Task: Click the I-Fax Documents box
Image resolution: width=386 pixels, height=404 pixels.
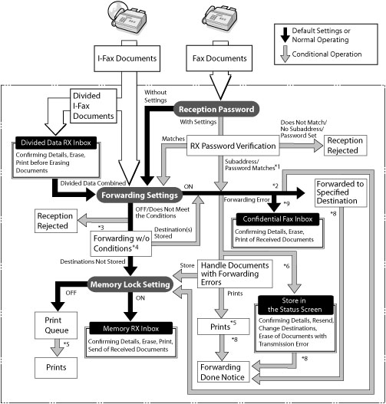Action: (127, 58)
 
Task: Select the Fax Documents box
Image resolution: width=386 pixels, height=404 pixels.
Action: (219, 58)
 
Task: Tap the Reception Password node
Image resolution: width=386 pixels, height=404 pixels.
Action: (216, 110)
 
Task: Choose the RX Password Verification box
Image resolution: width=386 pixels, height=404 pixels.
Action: (233, 146)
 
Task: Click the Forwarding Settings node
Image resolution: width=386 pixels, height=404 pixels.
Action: (140, 195)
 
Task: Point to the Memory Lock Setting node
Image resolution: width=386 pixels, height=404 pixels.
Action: (130, 284)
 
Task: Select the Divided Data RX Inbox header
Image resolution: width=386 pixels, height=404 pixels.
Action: (56, 143)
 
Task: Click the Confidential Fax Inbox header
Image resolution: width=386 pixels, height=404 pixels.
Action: (278, 219)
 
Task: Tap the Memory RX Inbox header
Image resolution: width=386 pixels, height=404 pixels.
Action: (131, 329)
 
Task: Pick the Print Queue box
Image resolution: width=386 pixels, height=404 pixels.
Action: (56, 325)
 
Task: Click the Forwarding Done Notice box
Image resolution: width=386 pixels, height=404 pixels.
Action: (223, 372)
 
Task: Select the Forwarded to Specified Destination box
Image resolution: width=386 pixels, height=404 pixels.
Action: (341, 192)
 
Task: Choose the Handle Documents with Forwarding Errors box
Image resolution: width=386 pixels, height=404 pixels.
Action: (235, 274)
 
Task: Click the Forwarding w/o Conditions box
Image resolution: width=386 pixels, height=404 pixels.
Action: (121, 244)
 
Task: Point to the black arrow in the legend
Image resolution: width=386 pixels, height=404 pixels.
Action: (285, 34)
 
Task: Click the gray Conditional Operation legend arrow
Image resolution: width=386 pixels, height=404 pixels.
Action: (285, 54)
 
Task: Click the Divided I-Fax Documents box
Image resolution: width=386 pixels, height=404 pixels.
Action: (94, 106)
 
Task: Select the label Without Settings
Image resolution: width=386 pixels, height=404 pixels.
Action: (156, 96)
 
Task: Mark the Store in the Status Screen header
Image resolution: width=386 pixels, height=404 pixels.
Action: (295, 305)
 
